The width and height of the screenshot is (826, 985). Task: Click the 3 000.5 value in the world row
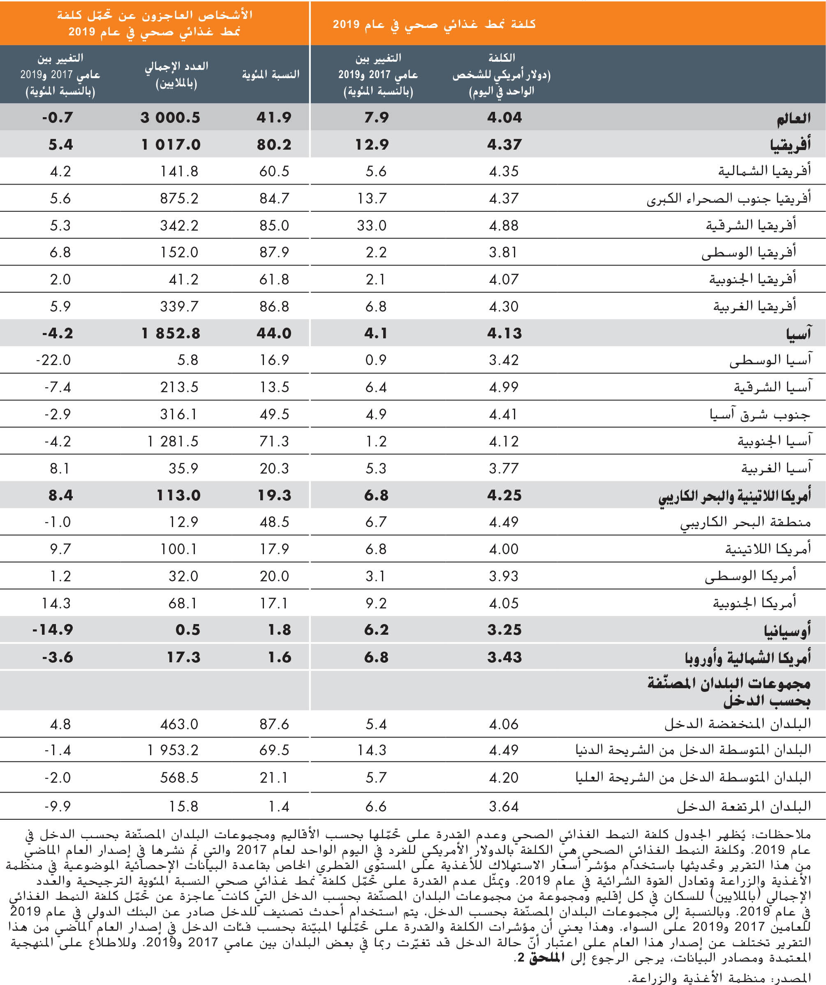(170, 117)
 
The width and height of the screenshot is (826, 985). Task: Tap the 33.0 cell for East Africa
(372, 226)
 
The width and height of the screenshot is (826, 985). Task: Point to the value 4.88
(504, 226)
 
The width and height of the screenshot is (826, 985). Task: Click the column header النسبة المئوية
(271, 74)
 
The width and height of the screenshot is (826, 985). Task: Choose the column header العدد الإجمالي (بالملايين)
(176, 74)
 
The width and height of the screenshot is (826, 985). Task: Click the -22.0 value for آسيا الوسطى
(53, 360)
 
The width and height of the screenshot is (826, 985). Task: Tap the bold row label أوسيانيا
(787, 630)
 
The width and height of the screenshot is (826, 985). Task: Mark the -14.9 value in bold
(53, 630)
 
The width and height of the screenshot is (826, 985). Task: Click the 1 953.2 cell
(173, 750)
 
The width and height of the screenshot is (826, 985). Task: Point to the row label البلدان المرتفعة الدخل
(743, 806)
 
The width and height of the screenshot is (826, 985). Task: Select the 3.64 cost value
(504, 806)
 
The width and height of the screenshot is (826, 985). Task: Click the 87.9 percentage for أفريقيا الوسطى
(274, 252)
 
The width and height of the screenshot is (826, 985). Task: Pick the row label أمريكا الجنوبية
(754, 603)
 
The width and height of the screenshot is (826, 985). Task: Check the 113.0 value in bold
(178, 495)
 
